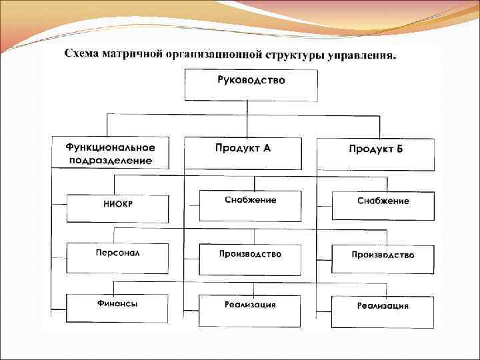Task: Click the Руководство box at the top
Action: coord(251,85)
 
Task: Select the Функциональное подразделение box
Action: coord(110,153)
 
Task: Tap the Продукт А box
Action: coord(243,153)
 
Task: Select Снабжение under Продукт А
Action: coord(250,205)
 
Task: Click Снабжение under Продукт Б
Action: coord(383,206)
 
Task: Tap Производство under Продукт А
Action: coord(250,259)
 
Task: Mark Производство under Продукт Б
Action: coord(383,259)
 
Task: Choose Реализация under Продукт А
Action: coord(250,311)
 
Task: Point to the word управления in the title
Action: coord(364,55)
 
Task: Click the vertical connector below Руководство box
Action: coord(247,113)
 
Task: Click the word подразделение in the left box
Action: coord(110,161)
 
